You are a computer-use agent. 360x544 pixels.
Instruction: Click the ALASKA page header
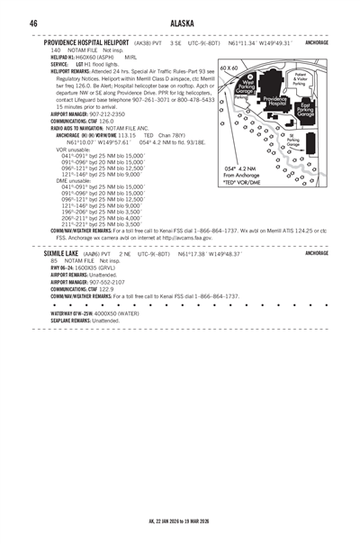coord(180,23)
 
